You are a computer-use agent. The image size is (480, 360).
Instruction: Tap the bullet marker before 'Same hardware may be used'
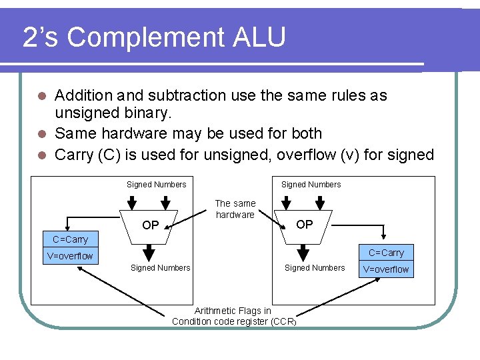pos(41,134)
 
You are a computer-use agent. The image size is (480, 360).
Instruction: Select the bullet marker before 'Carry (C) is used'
pos(41,155)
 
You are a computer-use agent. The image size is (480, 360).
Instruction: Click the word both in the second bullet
pos(306,133)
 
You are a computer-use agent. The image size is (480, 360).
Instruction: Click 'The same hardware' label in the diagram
pos(235,209)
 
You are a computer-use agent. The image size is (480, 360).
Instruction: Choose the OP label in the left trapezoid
pos(151,226)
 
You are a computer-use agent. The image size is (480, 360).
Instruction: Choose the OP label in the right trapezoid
pos(304,225)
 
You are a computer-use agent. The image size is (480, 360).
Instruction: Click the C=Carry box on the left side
pos(70,239)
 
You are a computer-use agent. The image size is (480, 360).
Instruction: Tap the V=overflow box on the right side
pos(386,269)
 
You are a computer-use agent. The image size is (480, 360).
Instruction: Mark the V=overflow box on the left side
pos(70,256)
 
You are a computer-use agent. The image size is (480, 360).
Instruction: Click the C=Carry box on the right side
pos(386,253)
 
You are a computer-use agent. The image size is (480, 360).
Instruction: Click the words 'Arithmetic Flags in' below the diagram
pos(233,311)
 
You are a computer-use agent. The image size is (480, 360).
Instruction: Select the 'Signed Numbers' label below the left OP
pos(160,268)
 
